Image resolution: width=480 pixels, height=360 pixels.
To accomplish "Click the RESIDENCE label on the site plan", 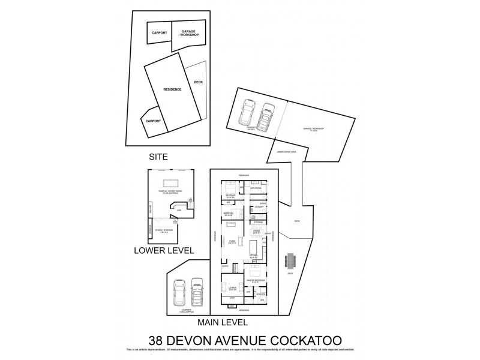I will [x=172, y=89].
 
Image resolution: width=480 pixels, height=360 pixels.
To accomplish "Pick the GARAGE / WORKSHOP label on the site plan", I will [x=190, y=32].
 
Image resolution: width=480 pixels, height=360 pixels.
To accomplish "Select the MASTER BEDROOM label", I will [x=255, y=280].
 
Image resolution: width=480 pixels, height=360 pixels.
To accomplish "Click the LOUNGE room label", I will [x=229, y=288].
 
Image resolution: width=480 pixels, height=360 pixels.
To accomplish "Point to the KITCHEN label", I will [x=254, y=255].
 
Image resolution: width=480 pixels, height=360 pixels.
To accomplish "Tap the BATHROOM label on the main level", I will [x=256, y=189].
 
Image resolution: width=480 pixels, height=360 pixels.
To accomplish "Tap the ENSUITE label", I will [x=261, y=293].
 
